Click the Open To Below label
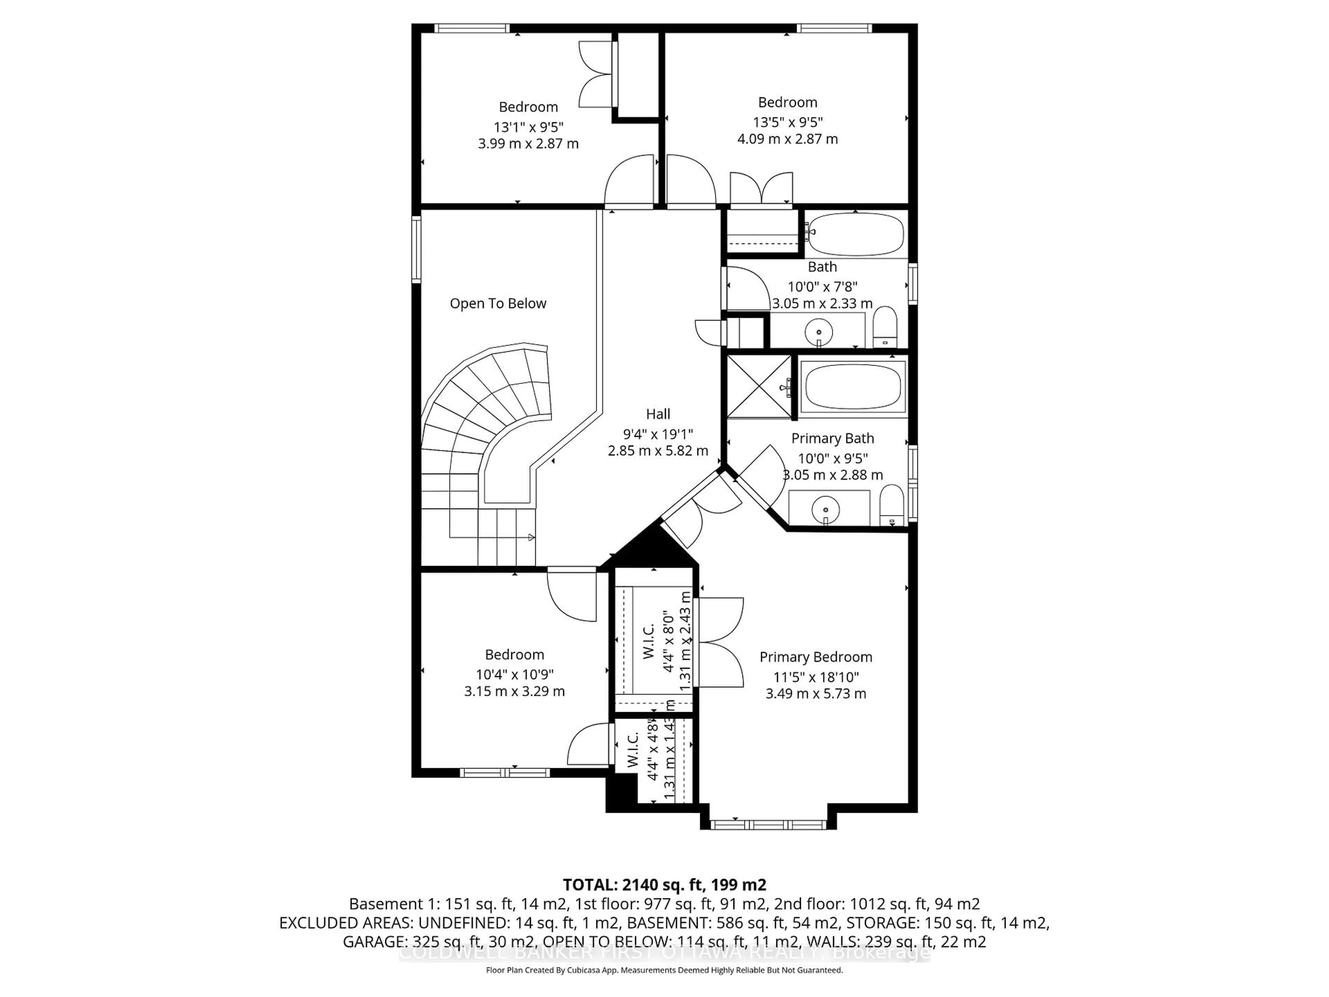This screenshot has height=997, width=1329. click(x=498, y=304)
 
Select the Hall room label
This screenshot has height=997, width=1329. click(x=658, y=414)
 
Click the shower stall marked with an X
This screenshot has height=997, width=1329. click(x=759, y=386)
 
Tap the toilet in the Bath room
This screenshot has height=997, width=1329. click(x=884, y=327)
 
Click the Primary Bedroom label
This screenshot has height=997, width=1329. click(x=815, y=657)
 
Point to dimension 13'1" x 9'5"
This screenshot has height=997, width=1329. click(x=528, y=127)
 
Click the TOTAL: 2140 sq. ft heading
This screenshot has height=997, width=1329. click(x=664, y=884)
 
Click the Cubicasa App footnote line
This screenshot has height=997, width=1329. click(x=664, y=970)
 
